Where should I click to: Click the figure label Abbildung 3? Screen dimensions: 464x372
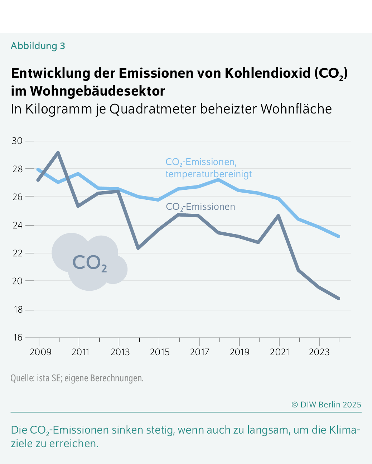pyautogui.click(x=38, y=46)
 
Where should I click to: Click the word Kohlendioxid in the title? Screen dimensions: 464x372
pyautogui.click(x=267, y=73)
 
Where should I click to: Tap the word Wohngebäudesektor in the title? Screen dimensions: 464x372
pyautogui.click(x=97, y=91)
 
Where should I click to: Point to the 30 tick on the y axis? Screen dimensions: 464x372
pyautogui.click(x=18, y=141)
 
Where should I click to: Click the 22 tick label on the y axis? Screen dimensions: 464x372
pyautogui.click(x=18, y=253)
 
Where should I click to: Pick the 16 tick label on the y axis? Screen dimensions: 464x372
pyautogui.click(x=18, y=337)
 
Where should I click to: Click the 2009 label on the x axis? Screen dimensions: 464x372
pyautogui.click(x=40, y=352)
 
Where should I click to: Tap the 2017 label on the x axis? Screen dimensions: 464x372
pyautogui.click(x=199, y=352)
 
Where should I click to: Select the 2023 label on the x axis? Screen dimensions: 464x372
pyautogui.click(x=319, y=352)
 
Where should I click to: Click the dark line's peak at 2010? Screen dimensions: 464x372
pyautogui.click(x=58, y=153)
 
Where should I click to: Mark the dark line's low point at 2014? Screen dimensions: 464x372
pyautogui.click(x=138, y=248)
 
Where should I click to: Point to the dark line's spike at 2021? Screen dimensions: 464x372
pyautogui.click(x=279, y=216)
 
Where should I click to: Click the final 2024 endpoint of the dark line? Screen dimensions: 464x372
pyautogui.click(x=339, y=298)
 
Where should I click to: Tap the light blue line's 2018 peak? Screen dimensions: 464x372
pyautogui.click(x=218, y=179)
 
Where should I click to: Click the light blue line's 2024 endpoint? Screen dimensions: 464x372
pyautogui.click(x=339, y=236)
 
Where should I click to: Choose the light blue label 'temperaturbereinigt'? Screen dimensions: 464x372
pyautogui.click(x=208, y=174)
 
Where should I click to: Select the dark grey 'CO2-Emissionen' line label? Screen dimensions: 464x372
pyautogui.click(x=201, y=207)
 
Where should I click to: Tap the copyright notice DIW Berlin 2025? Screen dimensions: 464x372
pyautogui.click(x=326, y=405)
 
